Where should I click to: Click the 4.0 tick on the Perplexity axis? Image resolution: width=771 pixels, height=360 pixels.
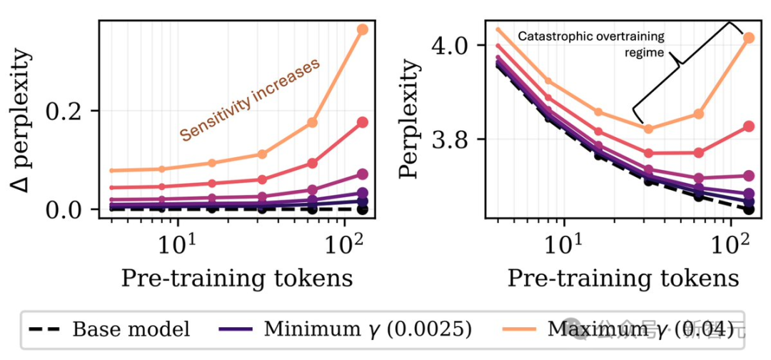click(x=451, y=45)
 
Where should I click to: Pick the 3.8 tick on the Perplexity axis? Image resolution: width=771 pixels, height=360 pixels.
click(x=451, y=139)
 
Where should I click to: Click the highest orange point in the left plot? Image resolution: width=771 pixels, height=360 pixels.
click(x=362, y=29)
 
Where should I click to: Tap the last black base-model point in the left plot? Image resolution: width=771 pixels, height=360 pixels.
click(x=362, y=209)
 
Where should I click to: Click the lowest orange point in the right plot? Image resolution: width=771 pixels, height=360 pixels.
click(x=648, y=129)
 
